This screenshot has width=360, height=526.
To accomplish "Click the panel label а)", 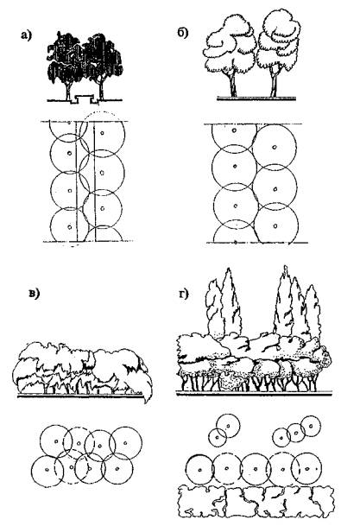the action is pos(26,35).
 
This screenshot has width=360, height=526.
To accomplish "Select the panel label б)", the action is pos(183,33).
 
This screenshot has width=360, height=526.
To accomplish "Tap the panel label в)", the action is pos(34,294).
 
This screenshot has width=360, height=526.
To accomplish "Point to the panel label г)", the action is pos(183,294).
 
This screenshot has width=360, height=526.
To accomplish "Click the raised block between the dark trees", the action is pos(85,98).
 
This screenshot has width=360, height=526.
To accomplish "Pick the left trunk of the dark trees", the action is pos(68,90).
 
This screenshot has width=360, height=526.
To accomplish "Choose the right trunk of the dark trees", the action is pos(100,90).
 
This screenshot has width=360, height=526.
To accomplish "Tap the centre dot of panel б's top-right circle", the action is pos(275,147).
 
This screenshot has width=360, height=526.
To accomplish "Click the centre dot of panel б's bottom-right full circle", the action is pos(275,225).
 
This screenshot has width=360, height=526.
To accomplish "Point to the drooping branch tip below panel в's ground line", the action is pos(147,399).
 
